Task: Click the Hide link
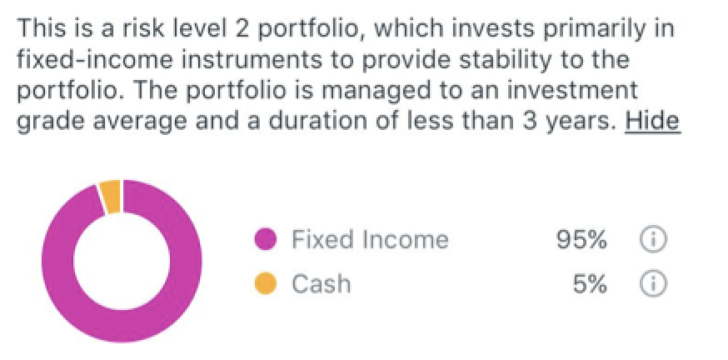(652, 120)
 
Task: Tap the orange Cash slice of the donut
(111, 197)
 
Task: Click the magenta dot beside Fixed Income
(266, 239)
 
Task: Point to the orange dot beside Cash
(266, 283)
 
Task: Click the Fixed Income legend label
(370, 239)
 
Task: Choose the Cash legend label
(321, 283)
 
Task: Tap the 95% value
(581, 239)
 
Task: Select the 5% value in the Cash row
(590, 283)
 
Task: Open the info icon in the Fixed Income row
(653, 239)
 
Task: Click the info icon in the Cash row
(653, 283)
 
